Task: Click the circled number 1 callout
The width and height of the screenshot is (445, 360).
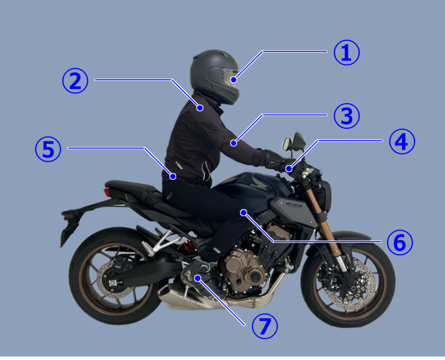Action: coord(347,53)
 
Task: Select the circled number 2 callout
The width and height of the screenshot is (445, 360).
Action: coord(75,81)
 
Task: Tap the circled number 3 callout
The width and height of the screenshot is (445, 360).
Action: coord(347,116)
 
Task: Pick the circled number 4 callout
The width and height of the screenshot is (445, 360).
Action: coord(402,141)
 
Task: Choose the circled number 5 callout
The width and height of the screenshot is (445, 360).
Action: coord(48,149)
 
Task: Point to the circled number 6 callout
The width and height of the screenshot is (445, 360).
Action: coord(400,242)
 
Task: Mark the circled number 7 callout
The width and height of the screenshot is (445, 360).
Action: coord(265,326)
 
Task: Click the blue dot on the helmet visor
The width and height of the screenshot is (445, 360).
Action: coord(234,80)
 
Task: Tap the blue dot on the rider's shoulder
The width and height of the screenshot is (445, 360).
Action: coord(200,108)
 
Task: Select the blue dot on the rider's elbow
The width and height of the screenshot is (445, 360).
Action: coord(234,143)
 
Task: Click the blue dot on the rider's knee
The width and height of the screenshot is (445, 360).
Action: coord(243,212)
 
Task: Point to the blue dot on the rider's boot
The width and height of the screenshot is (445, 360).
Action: coord(197,278)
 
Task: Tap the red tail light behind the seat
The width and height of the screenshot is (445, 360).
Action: coord(107,192)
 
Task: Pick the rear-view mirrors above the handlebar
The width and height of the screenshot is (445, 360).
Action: coord(294,142)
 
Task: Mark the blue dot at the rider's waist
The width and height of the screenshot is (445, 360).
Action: coord(173,176)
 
